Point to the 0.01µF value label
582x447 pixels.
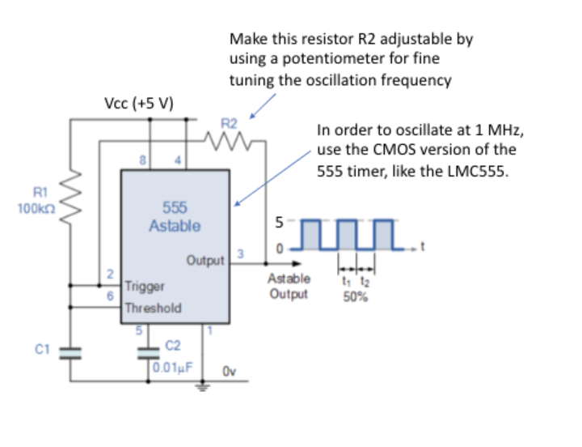click(x=179, y=365)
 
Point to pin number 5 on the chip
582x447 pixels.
click(x=137, y=330)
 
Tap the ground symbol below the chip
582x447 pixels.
click(x=202, y=386)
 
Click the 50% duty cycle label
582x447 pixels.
click(x=356, y=297)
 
